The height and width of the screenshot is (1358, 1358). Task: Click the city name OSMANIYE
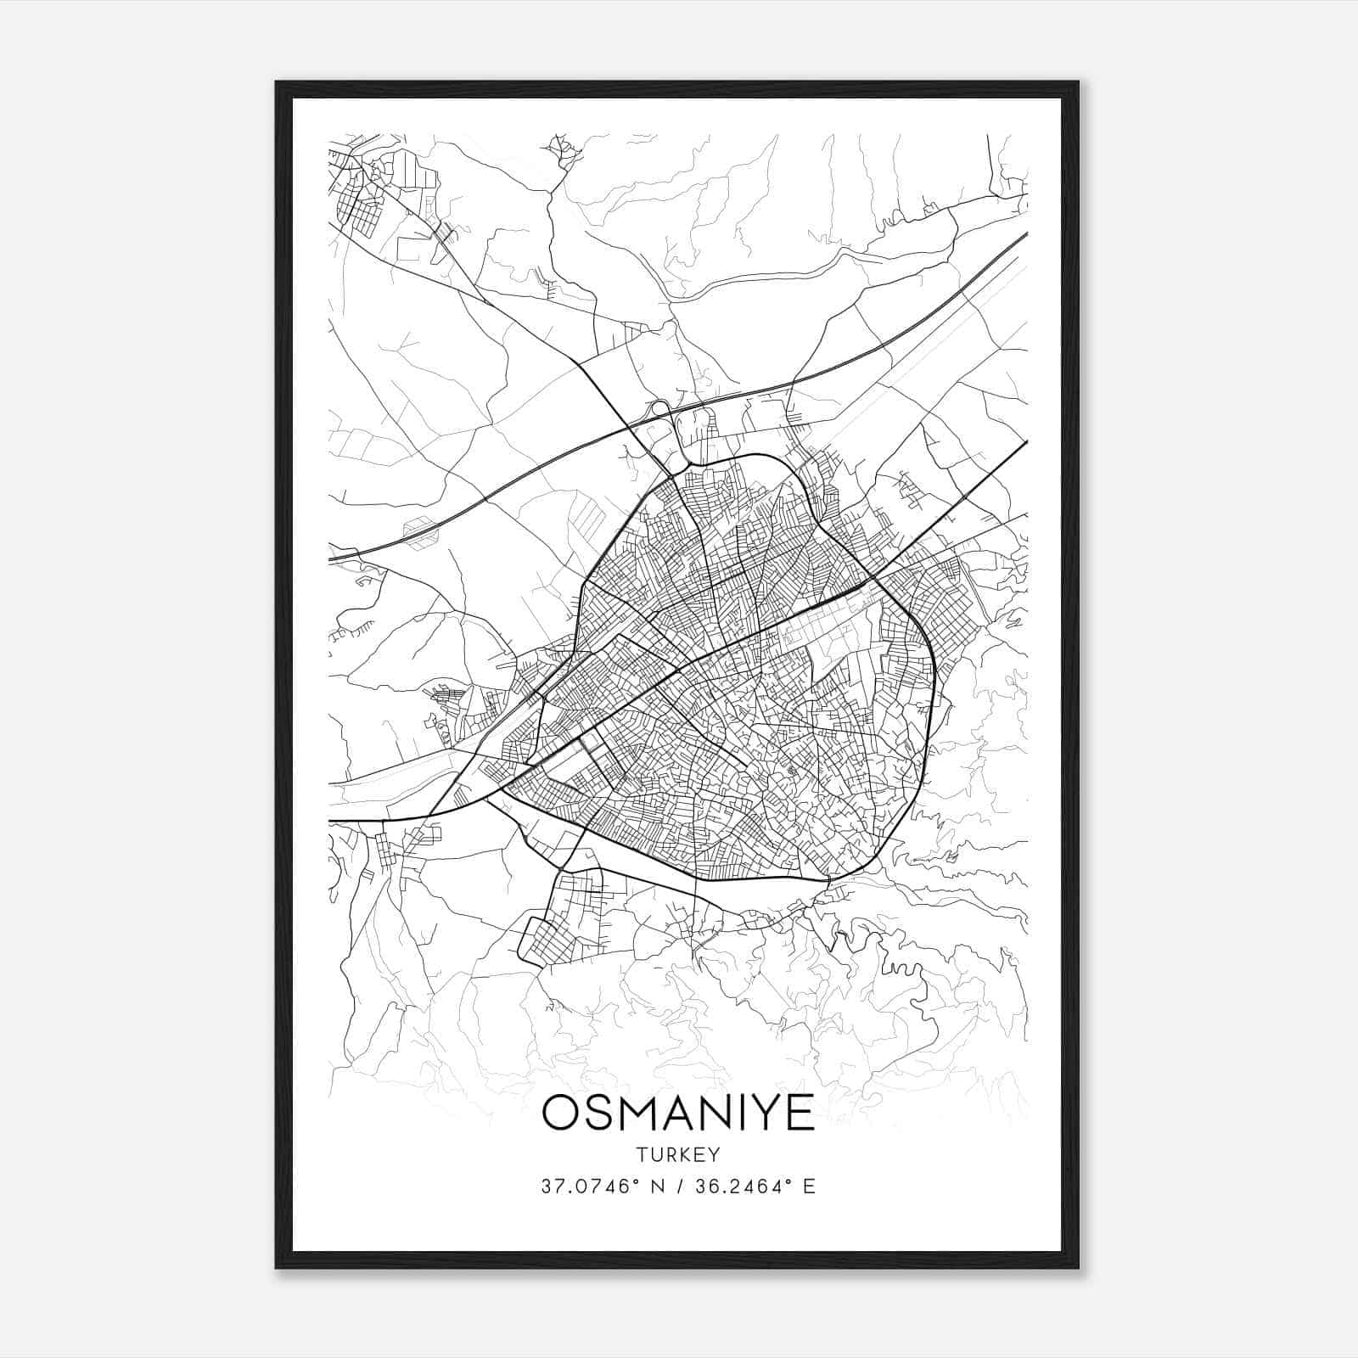[x=678, y=1112]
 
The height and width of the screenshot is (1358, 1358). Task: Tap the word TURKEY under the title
[x=678, y=1155]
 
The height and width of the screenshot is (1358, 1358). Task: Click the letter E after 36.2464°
[x=809, y=1187]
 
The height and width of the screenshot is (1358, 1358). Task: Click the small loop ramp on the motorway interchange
[x=659, y=408]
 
